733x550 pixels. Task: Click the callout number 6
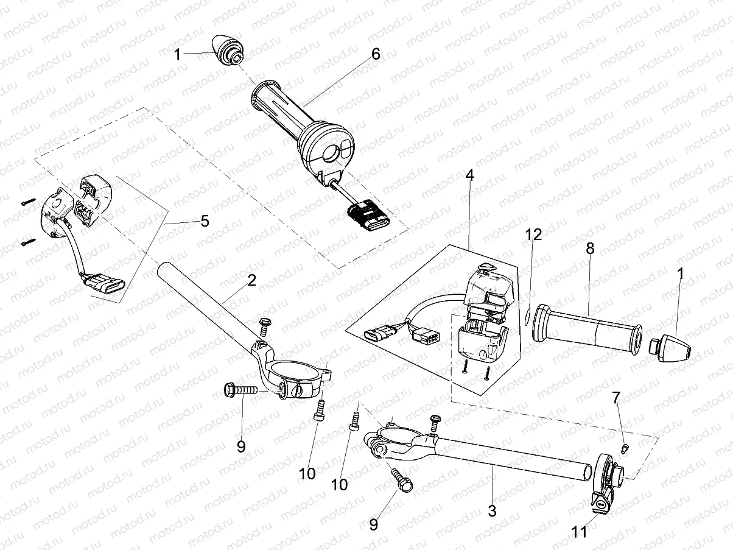(375, 54)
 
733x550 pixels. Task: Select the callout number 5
(205, 221)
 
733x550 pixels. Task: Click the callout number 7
(616, 398)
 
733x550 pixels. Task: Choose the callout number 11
(580, 532)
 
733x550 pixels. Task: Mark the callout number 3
(492, 511)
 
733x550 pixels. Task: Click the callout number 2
(251, 281)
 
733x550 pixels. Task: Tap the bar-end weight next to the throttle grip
(228, 52)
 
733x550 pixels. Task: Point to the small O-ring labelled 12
(526, 315)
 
